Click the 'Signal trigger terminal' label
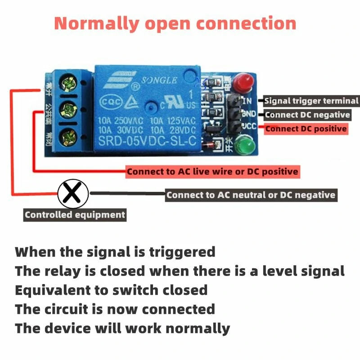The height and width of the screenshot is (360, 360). (x=311, y=101)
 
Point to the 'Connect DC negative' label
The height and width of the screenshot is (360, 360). (x=307, y=115)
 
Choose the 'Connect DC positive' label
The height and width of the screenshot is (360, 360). (x=306, y=129)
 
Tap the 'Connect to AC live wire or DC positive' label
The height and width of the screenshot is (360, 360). (x=212, y=171)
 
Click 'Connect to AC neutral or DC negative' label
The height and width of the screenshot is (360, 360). (x=251, y=195)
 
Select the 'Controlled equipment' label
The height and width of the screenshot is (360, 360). (x=75, y=215)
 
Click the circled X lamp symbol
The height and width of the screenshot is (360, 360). (x=72, y=194)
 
